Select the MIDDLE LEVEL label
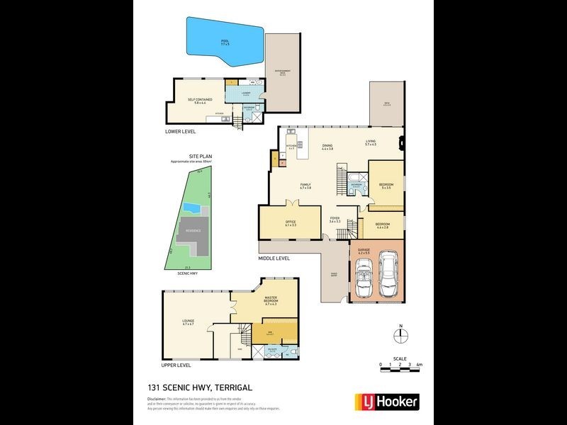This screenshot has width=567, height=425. click(274, 259)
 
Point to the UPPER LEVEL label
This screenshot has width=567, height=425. click(176, 365)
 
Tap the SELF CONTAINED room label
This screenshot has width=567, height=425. click(196, 101)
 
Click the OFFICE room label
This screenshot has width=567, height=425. click(290, 223)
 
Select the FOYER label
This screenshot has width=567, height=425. click(335, 220)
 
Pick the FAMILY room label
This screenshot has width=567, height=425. click(306, 186)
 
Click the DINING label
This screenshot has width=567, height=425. click(327, 147)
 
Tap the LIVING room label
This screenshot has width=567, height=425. click(370, 143)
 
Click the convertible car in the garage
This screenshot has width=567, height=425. click(364, 276)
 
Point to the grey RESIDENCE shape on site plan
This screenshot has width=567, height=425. click(193, 234)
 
